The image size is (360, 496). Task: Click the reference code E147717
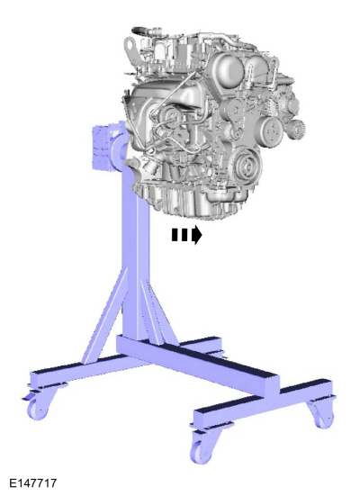[33, 483]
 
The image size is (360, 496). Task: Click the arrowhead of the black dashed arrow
[197, 235]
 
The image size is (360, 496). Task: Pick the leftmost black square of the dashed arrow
[175, 235]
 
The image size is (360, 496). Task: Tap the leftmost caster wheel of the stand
[38, 408]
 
